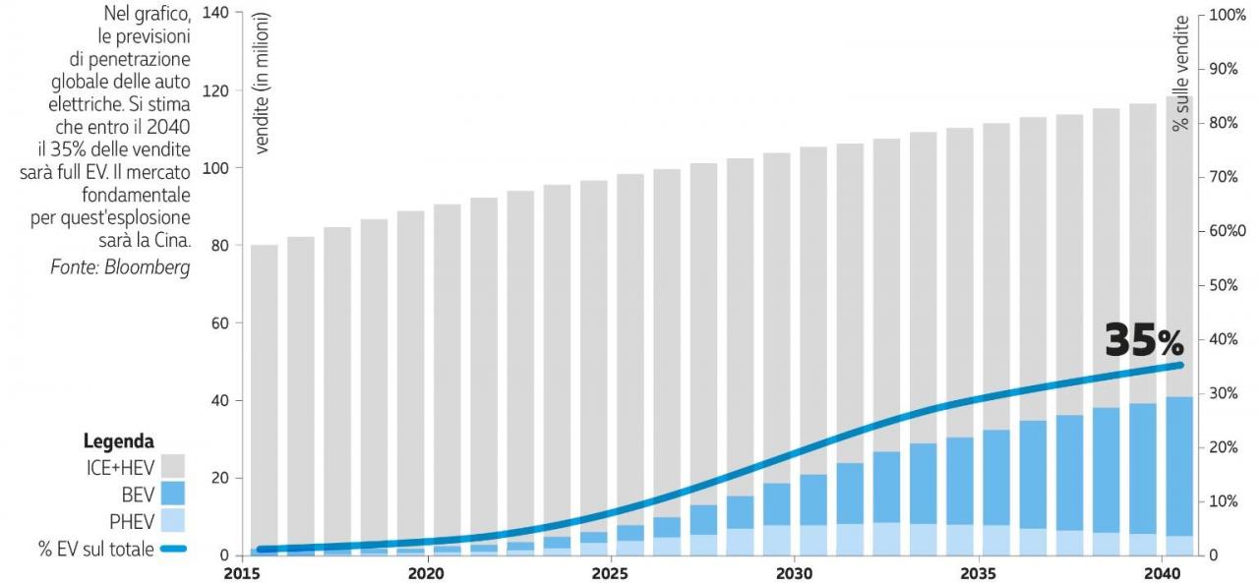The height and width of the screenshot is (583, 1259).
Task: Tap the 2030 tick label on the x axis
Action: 794,571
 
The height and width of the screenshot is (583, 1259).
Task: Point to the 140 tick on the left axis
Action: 214,14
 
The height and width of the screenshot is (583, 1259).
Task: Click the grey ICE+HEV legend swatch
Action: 172,466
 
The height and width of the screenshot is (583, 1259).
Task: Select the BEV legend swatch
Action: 172,494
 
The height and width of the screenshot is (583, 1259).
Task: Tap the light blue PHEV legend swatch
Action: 172,522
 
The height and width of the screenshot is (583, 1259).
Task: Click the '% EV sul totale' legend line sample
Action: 172,550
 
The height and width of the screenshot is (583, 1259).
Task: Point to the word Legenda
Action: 118,441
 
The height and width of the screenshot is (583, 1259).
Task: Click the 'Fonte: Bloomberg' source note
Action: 120,267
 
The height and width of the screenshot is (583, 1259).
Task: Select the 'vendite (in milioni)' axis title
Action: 263,84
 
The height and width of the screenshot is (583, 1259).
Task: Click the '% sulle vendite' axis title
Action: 1181,73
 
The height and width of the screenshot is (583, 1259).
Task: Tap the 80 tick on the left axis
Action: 217,246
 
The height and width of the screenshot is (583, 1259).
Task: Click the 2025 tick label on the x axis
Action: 610,571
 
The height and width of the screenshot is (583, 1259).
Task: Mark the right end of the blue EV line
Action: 1180,365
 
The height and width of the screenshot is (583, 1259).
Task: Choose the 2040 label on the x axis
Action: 1163,571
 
